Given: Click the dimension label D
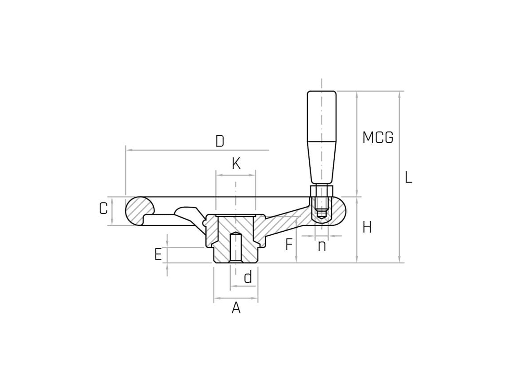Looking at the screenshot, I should (x=220, y=141).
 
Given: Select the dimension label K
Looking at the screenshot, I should (x=236, y=164).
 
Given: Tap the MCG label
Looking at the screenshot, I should (x=378, y=137).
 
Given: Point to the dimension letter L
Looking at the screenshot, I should (x=408, y=177).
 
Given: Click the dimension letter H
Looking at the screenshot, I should (x=367, y=228).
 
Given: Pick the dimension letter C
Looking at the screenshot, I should (x=103, y=209).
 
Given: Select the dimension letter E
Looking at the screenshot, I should (x=158, y=254).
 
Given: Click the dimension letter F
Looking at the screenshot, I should (x=289, y=244).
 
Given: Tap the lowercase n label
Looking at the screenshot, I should (x=322, y=246).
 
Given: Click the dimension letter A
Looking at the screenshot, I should (x=236, y=308).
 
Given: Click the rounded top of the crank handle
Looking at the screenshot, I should (x=322, y=92).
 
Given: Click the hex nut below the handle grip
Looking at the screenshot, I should (x=322, y=191).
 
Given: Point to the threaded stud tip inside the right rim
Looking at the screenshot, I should (x=321, y=214).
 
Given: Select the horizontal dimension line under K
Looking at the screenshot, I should (x=236, y=175).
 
